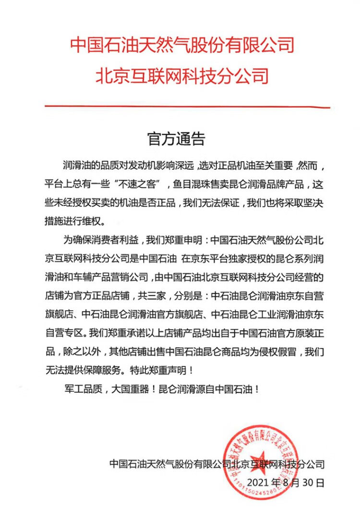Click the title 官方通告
click(x=176, y=139)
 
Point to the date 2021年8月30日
click(x=285, y=482)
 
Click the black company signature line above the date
click(x=216, y=464)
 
